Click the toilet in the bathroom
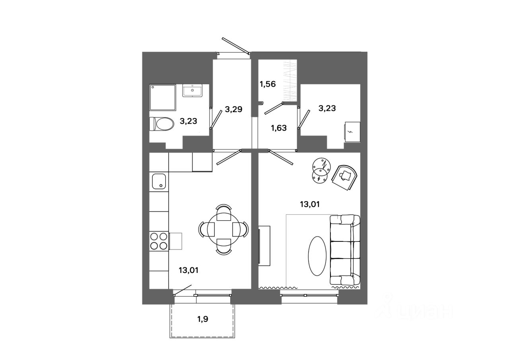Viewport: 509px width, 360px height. (x=162, y=124)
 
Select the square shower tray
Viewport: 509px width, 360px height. (x=162, y=97)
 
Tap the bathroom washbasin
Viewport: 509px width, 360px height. (x=192, y=90)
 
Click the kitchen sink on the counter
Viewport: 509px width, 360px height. (x=159, y=181)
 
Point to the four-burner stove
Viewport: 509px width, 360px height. (x=159, y=241)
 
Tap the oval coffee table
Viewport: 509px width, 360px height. (x=318, y=256)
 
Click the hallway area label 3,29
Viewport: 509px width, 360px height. (x=233, y=109)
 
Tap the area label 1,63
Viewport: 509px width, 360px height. (x=278, y=128)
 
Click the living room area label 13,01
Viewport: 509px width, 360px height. (x=310, y=204)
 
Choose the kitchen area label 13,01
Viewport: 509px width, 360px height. (x=188, y=270)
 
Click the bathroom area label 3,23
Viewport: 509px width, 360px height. (x=188, y=121)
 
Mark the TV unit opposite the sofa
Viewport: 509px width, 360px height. (x=264, y=245)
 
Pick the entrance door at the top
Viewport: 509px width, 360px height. (x=235, y=46)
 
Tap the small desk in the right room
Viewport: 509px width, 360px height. (x=351, y=132)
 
